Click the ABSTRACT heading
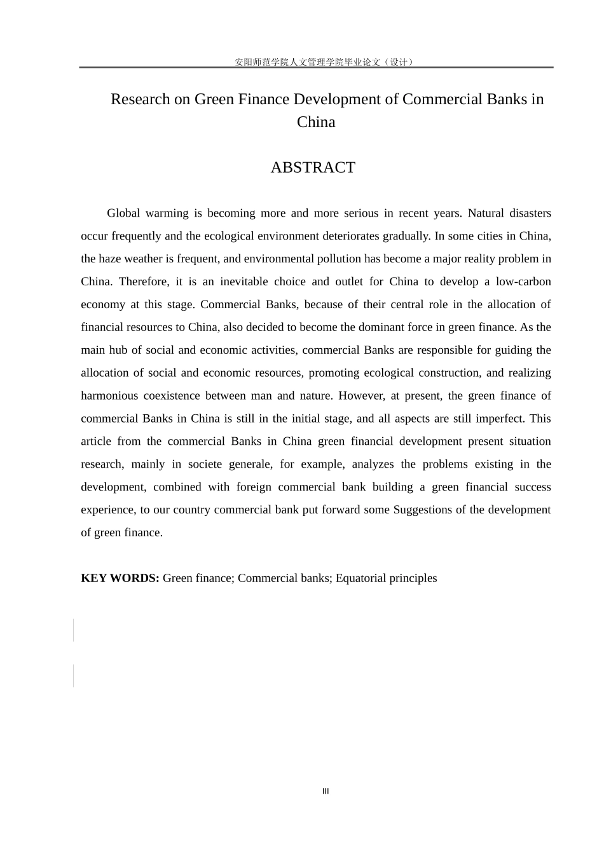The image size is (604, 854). (x=313, y=167)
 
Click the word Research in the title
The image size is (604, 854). (x=141, y=99)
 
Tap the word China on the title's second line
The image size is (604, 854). (x=316, y=122)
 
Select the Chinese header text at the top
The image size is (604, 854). (x=325, y=62)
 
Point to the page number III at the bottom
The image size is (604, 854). (x=326, y=791)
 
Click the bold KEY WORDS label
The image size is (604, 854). (x=120, y=578)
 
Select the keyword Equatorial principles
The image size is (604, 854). (x=387, y=578)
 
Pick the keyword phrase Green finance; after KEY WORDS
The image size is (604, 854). (x=199, y=578)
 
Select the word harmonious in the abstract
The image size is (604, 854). (x=109, y=396)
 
